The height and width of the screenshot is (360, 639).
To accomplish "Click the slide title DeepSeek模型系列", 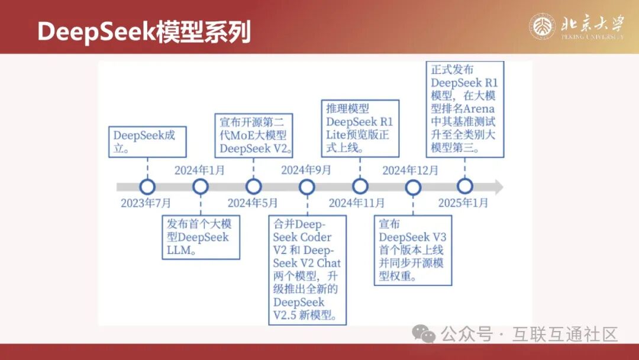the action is coord(144,31).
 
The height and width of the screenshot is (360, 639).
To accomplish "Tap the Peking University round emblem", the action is coord(542,27).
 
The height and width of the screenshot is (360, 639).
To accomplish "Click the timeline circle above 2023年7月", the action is coord(147,187).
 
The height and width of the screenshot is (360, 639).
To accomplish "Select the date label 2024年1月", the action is coord(199,170).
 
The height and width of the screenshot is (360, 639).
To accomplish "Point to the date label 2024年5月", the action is coord(252,202).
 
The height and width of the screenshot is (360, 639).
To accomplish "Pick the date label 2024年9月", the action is coord(306,170).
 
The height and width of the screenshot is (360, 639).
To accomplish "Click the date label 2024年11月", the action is coord(357,202).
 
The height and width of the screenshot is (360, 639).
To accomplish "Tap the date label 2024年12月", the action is coord(410,170).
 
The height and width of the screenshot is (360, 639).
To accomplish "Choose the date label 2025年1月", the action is coord(463,202).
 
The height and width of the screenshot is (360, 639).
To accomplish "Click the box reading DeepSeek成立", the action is coord(147,142).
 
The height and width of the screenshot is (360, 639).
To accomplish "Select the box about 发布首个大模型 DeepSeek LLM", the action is coord(201,237).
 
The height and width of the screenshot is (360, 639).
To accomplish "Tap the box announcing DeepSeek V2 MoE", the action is coord(253,136).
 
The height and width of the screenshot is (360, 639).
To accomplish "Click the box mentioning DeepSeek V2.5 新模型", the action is coord(307,270).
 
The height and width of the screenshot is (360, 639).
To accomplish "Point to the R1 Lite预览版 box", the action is coord(360,128).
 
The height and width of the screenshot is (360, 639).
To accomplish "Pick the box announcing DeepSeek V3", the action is coord(413,250).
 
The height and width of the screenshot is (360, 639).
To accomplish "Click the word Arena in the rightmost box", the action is coord(479,109).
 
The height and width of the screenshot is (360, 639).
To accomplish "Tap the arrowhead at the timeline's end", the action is coord(499,187).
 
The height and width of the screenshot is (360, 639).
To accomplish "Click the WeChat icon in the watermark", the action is coord(424,333).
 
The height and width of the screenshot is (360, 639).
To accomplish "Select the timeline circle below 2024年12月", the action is coord(413,187).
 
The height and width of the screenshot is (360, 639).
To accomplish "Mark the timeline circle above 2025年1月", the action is coord(464,186).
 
